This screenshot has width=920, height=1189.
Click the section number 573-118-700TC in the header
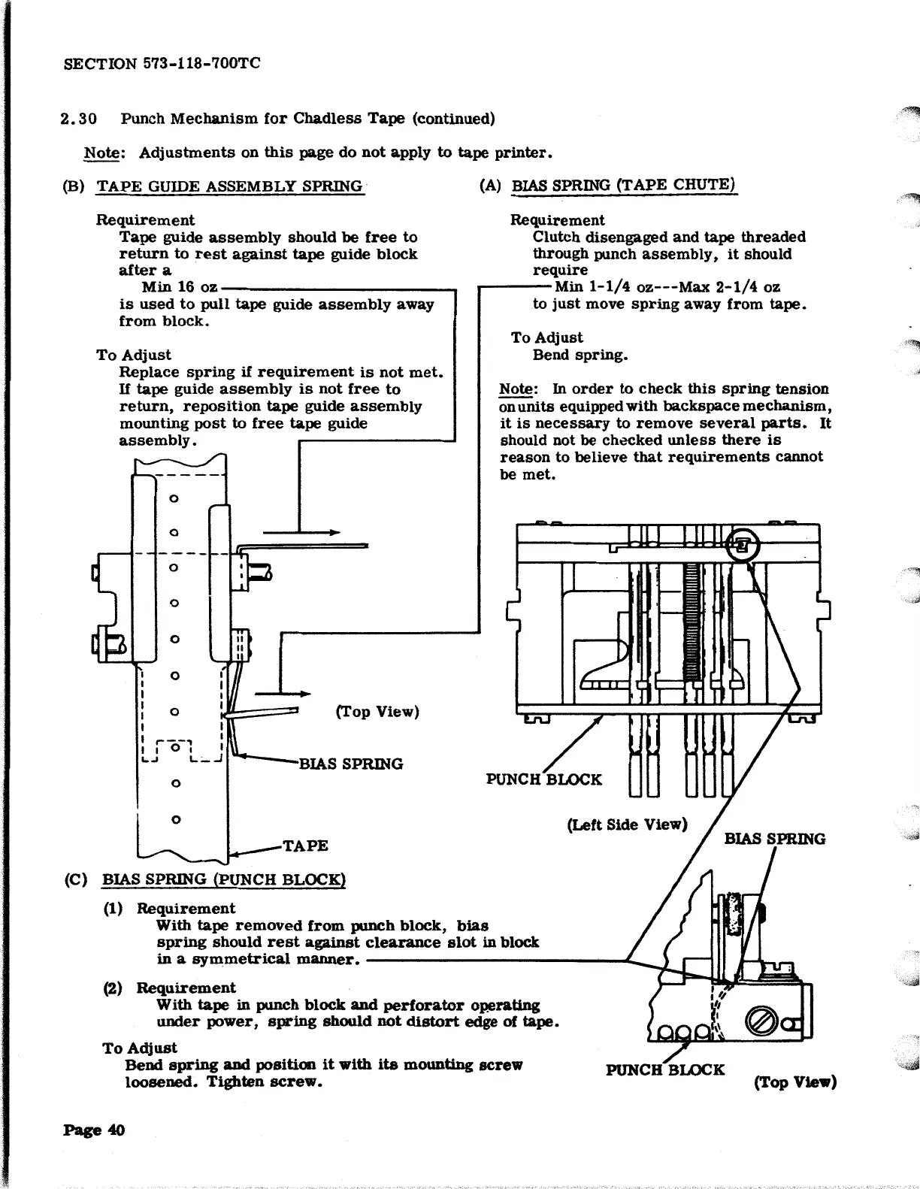(201, 63)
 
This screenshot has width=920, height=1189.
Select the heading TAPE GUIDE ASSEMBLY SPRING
(229, 186)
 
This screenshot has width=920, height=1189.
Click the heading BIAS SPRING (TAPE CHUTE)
(623, 186)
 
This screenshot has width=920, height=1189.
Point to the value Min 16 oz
(180, 287)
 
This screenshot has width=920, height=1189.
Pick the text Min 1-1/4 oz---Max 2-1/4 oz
(667, 287)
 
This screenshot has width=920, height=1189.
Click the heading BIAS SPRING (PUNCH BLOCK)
(223, 879)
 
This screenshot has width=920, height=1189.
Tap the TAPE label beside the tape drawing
(305, 846)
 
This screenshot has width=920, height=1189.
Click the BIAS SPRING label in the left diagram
(351, 764)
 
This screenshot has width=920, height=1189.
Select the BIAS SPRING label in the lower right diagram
(774, 839)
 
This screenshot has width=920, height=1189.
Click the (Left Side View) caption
(627, 824)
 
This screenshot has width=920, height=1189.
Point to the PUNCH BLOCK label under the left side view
(544, 779)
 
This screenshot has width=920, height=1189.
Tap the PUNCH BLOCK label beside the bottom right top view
(665, 1069)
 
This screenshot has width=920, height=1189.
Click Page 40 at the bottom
(95, 1130)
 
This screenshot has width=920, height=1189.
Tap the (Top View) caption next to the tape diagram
(377, 712)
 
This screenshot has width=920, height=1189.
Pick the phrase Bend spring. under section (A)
(580, 355)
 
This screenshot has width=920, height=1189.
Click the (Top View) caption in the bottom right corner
(795, 1082)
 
